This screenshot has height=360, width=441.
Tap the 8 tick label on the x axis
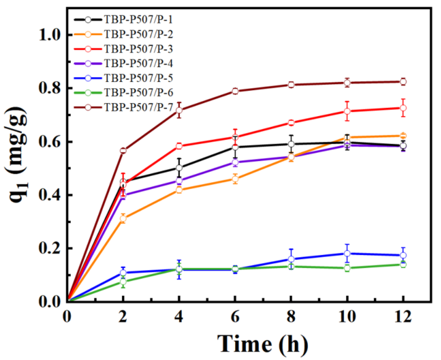click(x=291, y=318)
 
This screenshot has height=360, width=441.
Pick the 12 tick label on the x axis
click(x=403, y=318)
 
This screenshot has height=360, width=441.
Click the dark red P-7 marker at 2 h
click(x=123, y=151)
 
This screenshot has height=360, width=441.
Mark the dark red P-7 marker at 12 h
click(x=403, y=82)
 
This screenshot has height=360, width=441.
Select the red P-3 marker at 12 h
click(x=403, y=108)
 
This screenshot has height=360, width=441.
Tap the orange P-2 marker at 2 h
click(x=123, y=219)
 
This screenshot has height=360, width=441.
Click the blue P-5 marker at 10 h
click(x=347, y=253)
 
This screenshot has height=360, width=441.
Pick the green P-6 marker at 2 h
click(x=123, y=282)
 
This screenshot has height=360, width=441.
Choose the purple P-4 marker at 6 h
click(x=235, y=162)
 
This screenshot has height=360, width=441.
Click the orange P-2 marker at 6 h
click(x=235, y=179)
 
